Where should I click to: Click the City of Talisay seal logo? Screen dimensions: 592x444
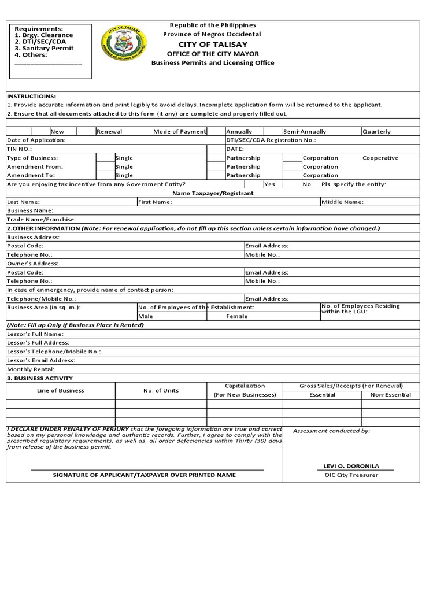(124, 44)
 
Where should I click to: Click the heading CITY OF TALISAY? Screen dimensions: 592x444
(212, 45)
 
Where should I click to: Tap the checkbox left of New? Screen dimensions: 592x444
(40, 132)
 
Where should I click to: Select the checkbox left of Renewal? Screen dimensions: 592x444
(86, 132)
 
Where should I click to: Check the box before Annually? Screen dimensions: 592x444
(216, 132)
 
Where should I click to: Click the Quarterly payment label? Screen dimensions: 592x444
(376, 132)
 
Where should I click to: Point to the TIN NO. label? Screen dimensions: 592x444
(20, 149)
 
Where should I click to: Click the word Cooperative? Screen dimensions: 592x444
(380, 158)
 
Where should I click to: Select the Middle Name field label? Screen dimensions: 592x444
(342, 202)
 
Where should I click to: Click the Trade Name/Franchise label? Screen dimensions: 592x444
(41, 220)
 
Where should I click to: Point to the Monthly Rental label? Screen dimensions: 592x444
(31, 369)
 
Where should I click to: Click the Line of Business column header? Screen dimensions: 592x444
(60, 390)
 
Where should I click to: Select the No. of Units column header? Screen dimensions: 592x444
(161, 390)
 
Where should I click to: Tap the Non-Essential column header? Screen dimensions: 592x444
(391, 395)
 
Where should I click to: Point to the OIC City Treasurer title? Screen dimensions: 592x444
(351, 475)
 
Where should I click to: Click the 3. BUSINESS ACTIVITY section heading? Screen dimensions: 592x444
(39, 378)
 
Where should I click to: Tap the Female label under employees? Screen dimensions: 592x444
(236, 316)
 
